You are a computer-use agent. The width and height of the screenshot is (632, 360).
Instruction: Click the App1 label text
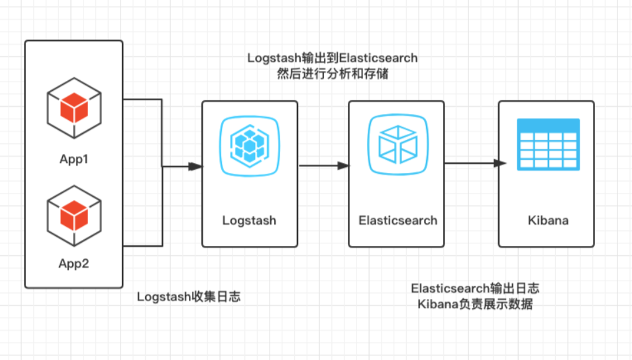(74, 160)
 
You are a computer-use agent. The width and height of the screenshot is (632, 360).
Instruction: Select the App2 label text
(74, 263)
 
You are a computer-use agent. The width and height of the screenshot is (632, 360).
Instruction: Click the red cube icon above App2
(74, 214)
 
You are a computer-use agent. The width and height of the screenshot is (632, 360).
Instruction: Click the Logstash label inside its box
(249, 220)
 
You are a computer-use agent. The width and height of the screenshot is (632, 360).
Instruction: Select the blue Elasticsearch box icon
(397, 145)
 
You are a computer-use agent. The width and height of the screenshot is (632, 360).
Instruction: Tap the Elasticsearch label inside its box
(397, 220)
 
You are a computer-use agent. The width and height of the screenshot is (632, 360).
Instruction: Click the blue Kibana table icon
(548, 144)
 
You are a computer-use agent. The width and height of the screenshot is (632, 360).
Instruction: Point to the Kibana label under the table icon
(548, 220)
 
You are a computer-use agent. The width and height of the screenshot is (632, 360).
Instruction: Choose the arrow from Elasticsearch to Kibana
(472, 163)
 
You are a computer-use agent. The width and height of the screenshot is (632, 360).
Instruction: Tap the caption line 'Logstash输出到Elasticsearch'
(333, 58)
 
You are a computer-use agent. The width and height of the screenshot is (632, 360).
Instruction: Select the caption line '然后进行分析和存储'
(333, 74)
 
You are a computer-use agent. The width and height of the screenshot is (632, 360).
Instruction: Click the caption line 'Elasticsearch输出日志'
(475, 288)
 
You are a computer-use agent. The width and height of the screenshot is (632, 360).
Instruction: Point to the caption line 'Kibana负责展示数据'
(475, 304)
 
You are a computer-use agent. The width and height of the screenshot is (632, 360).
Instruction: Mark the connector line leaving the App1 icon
(142, 100)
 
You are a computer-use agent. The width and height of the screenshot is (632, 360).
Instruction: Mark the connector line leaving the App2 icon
(142, 246)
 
